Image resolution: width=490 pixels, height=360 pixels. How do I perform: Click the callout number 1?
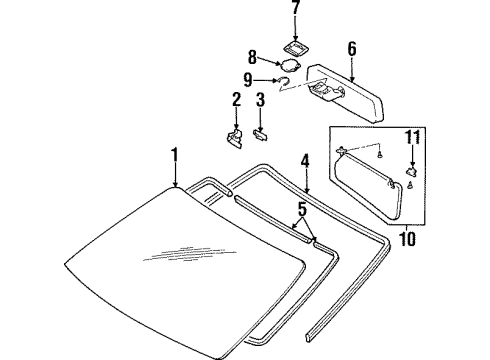(174, 154)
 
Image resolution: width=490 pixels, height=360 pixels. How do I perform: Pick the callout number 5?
(300, 211)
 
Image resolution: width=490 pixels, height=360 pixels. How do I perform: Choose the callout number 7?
(295, 9)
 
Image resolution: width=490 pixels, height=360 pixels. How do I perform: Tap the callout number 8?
(252, 57)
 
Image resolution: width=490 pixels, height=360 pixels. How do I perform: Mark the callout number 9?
(249, 80)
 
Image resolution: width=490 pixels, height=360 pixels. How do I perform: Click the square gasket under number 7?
(295, 44)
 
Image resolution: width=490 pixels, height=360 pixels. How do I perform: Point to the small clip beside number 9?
(285, 82)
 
